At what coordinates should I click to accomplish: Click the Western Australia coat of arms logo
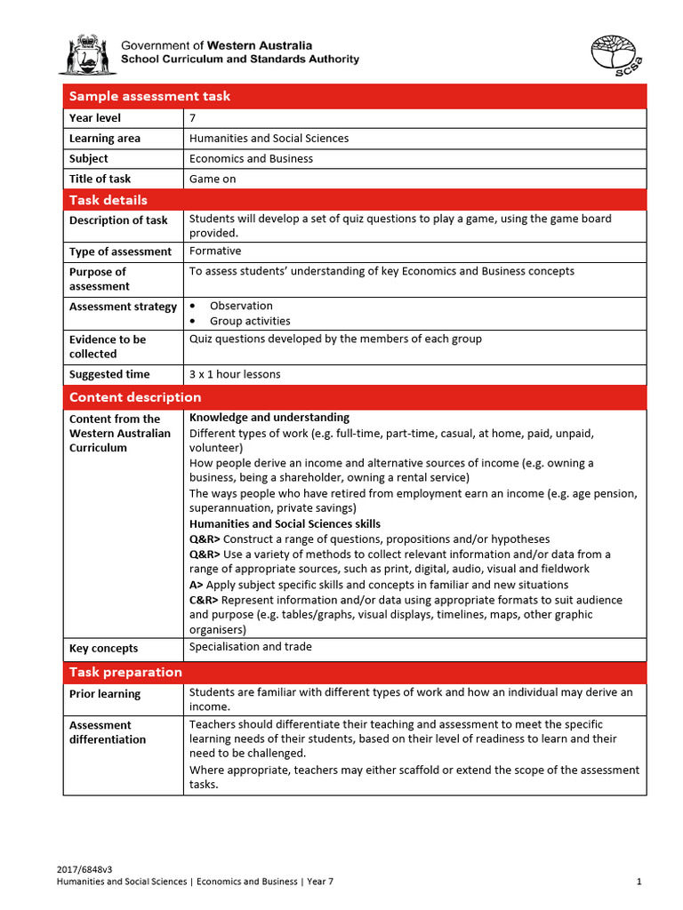(87, 54)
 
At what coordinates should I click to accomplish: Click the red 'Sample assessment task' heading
(149, 96)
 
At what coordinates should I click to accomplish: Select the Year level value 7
(193, 117)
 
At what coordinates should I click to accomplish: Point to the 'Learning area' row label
(105, 139)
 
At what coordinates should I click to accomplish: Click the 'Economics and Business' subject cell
(251, 158)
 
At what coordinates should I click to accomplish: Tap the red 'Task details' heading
(108, 200)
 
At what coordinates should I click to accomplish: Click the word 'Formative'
(215, 251)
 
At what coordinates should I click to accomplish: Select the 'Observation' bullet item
(241, 306)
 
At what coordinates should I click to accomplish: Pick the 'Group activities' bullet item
(250, 321)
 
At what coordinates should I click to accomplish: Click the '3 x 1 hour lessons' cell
(235, 374)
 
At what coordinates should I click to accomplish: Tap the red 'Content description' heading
(135, 397)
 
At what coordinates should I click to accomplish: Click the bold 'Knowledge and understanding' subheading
(269, 418)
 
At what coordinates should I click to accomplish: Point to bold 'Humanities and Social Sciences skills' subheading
(285, 524)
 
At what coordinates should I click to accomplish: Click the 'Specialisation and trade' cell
(251, 647)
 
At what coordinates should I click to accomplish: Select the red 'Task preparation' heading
(125, 672)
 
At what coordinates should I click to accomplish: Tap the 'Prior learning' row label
(105, 694)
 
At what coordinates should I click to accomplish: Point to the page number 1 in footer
(639, 882)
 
